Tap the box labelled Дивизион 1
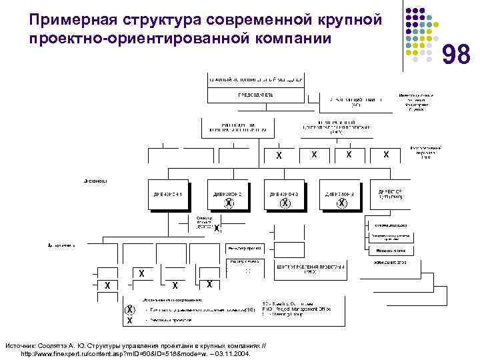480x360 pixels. coord(169,194)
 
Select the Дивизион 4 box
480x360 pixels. coord(341,194)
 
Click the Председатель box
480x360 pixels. coord(255,95)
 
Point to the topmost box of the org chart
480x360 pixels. coord(256,78)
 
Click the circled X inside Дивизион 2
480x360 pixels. coord(229,203)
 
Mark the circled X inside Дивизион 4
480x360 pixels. coord(341,203)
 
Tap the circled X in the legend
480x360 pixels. coord(129,310)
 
